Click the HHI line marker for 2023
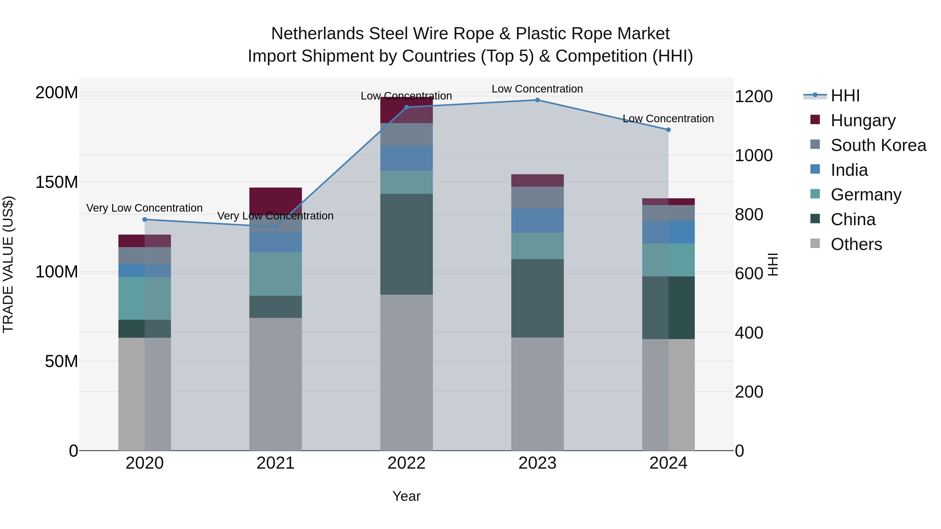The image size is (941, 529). [x=537, y=100]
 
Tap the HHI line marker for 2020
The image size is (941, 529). [x=145, y=219]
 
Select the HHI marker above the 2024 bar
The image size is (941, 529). [x=668, y=130]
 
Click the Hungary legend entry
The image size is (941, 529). [x=863, y=120]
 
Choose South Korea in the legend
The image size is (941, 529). [x=878, y=145]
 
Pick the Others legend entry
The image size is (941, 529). [x=856, y=244]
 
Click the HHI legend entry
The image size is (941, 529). [x=845, y=96]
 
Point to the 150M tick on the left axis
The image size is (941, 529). [x=57, y=182]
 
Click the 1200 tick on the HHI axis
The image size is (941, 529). [x=753, y=97]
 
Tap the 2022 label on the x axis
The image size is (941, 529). [x=406, y=463]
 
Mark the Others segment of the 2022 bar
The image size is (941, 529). [x=406, y=372]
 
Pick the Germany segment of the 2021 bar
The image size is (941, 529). [x=276, y=274]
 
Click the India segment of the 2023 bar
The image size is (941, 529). [x=537, y=220]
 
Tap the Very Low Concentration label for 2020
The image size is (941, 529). [x=144, y=208]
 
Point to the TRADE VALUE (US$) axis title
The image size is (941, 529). [x=8, y=264]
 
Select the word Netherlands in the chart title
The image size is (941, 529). [x=317, y=34]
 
